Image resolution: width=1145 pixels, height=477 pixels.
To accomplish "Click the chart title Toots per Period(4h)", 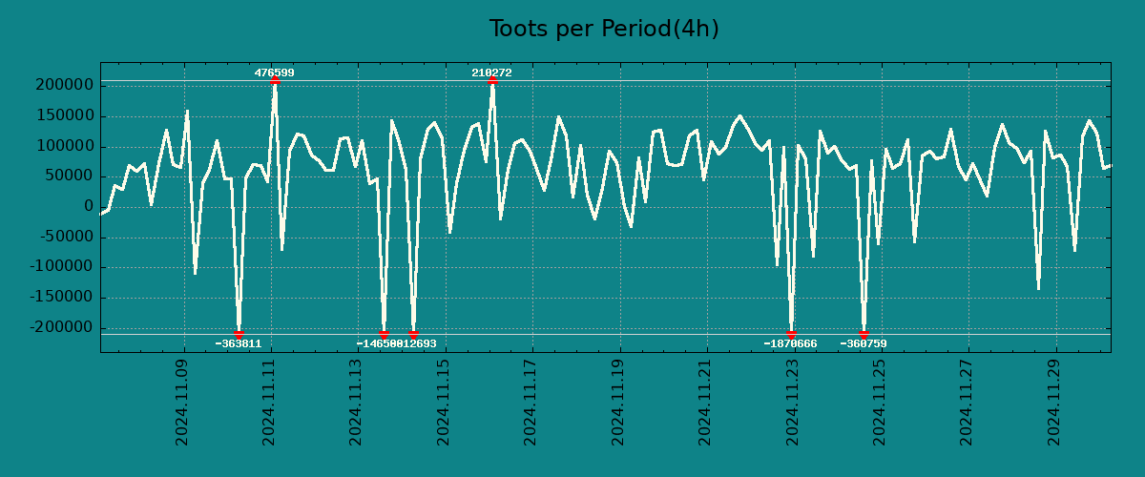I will (x=603, y=29).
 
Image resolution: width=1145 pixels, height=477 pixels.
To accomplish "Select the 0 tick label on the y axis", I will (x=89, y=207).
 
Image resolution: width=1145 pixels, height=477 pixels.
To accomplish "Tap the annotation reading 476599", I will (x=274, y=73).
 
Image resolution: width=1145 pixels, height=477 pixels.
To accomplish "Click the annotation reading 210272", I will (x=491, y=73).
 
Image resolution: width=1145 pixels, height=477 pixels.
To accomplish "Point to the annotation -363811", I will (x=238, y=343).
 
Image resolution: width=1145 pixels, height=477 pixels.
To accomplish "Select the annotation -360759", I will (x=864, y=343).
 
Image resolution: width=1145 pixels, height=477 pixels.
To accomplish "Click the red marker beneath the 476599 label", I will (x=275, y=80).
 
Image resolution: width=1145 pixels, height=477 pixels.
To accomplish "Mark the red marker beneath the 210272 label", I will (x=492, y=80).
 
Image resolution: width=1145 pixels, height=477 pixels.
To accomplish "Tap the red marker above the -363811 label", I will (x=239, y=334).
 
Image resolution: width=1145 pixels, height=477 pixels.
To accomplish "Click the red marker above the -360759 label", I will (x=864, y=334).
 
